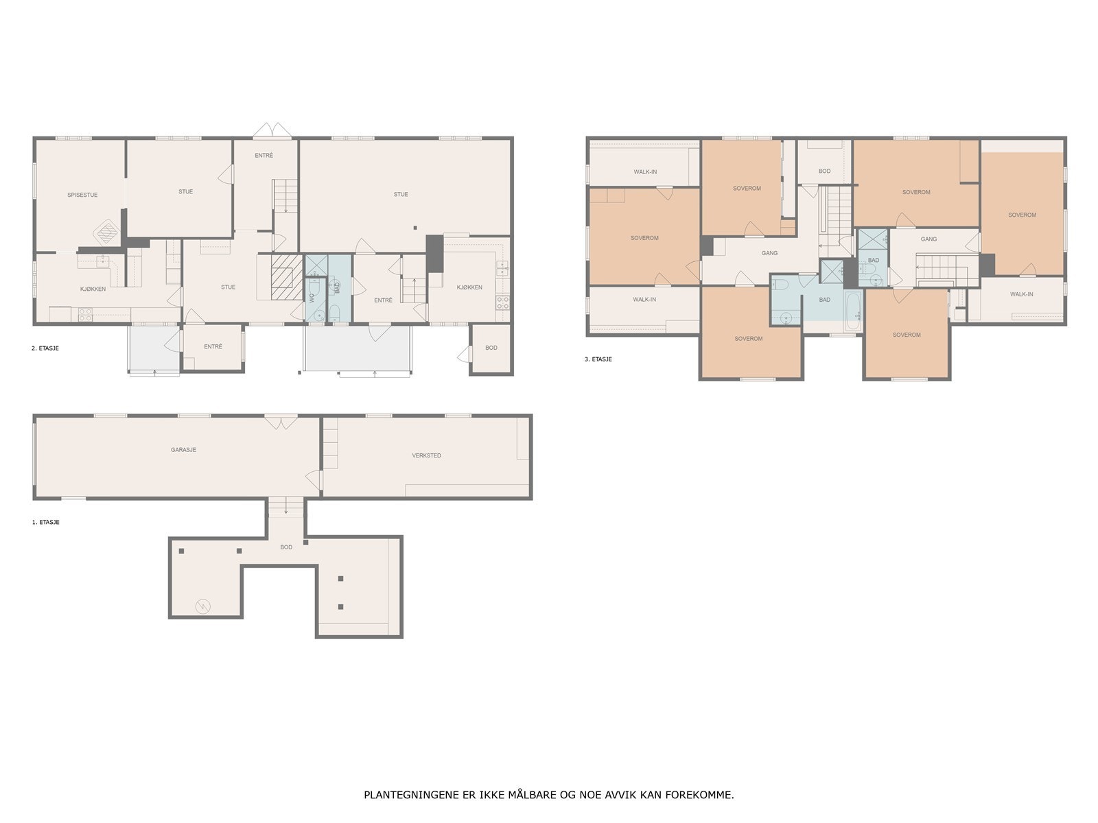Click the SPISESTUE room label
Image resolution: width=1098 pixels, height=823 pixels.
82,195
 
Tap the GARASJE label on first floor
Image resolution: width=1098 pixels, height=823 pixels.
184,450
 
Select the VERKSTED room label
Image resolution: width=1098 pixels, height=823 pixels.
426,455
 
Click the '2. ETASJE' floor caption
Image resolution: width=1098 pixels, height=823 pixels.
45,348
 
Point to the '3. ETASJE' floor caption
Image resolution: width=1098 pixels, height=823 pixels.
598,359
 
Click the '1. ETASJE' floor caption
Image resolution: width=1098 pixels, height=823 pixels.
45,523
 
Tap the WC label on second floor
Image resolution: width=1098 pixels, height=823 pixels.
312,298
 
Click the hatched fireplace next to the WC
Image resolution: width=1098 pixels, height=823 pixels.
286,277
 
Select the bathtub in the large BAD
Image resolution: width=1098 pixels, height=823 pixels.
853,311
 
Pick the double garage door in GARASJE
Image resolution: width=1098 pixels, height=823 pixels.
281,422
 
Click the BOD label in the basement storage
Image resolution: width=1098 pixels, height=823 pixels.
286,547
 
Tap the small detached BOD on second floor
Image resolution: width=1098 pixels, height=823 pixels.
491,348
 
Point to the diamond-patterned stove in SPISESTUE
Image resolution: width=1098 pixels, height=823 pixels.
106,232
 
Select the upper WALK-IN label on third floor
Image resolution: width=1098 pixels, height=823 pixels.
645,171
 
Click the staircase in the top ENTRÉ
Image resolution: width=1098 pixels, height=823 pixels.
285,195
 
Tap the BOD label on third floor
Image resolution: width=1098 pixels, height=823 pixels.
824,171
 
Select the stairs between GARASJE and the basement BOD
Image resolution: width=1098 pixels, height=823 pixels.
286,507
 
